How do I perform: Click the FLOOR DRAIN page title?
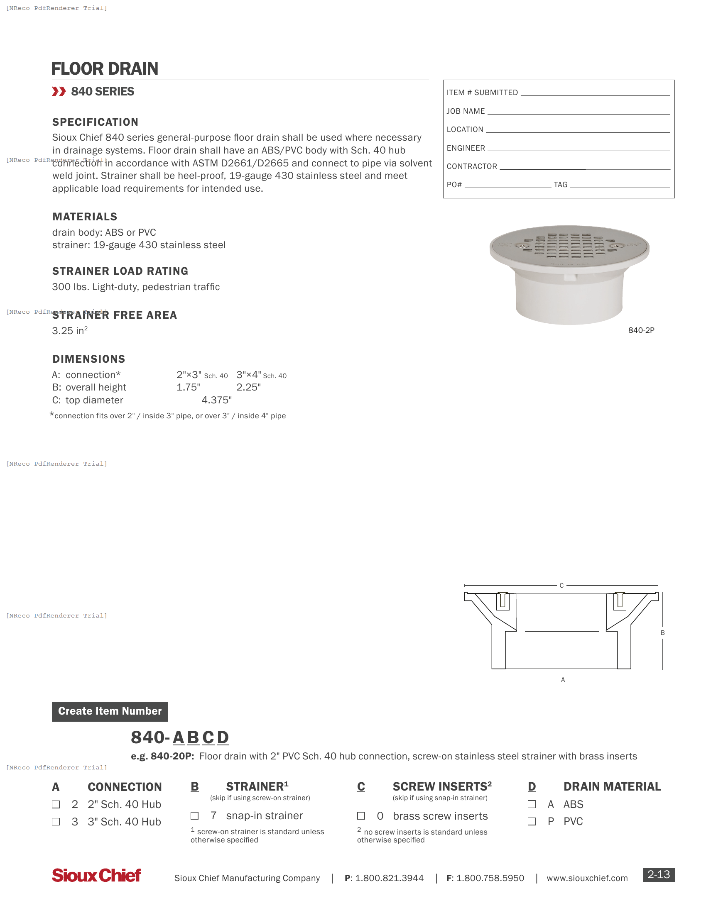pyautogui.click(x=105, y=69)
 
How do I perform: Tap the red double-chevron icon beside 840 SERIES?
pyautogui.click(x=59, y=92)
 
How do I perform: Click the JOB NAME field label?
pyautogui.click(x=466, y=111)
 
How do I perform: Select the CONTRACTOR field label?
pyautogui.click(x=472, y=166)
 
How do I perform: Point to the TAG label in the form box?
pyautogui.click(x=561, y=185)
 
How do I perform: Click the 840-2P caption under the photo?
pyautogui.click(x=641, y=330)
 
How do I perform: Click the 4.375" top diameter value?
pyautogui.click(x=217, y=400)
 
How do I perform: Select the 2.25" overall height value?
pyautogui.click(x=248, y=388)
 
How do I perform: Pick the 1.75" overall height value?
pyautogui.click(x=188, y=388)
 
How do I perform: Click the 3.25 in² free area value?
pyautogui.click(x=70, y=331)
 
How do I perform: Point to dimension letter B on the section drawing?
pyautogui.click(x=662, y=633)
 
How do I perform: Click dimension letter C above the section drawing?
pyautogui.click(x=561, y=586)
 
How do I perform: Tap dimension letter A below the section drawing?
pyautogui.click(x=563, y=680)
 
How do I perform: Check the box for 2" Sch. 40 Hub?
pyautogui.click(x=56, y=805)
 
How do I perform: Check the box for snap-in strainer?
pyautogui.click(x=194, y=816)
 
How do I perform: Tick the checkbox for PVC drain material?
pyautogui.click(x=532, y=822)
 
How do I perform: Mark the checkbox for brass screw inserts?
pyautogui.click(x=361, y=816)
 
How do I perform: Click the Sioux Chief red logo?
pyautogui.click(x=96, y=875)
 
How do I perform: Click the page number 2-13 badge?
pyautogui.click(x=658, y=874)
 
